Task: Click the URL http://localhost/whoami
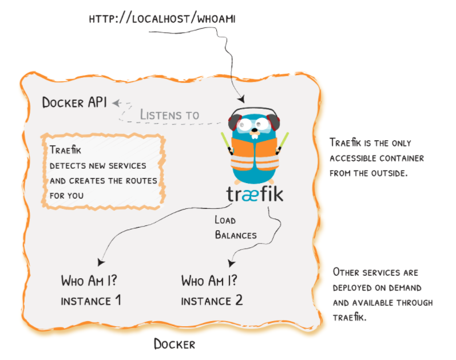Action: [162, 19]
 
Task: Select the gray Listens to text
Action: [169, 114]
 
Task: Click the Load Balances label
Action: [235, 227]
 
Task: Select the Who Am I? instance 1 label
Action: [91, 290]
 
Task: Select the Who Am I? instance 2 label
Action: [211, 290]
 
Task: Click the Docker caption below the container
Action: [175, 344]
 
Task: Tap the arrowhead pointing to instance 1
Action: [101, 262]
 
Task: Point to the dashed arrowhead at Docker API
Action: [116, 103]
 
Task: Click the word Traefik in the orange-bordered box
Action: [65, 151]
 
